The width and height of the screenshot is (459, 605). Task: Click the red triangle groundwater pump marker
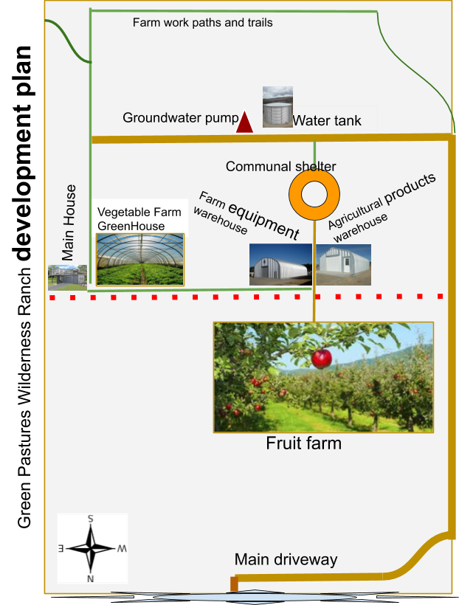click(244, 122)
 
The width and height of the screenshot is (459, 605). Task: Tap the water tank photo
click(277, 107)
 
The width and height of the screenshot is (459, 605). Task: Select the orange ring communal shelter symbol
click(314, 195)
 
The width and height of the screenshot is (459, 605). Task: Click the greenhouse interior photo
click(140, 259)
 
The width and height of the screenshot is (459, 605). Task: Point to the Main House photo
click(68, 277)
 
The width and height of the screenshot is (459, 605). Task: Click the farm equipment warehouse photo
click(280, 264)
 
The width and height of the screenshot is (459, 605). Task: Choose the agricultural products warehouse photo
click(344, 265)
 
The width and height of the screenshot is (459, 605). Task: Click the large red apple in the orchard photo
click(322, 359)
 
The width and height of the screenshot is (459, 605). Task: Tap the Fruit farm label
click(304, 443)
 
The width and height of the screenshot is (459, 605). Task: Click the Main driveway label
click(286, 559)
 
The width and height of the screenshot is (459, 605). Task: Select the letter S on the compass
click(90, 519)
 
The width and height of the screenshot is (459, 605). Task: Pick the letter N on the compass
click(90, 578)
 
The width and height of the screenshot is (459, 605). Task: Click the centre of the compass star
click(91, 548)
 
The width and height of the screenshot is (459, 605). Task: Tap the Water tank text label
click(327, 120)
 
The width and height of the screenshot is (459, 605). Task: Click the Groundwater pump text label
click(181, 118)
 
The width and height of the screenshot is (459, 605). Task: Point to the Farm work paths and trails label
click(203, 22)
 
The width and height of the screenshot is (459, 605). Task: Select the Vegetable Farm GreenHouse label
click(139, 219)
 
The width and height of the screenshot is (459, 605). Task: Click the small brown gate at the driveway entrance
click(234, 584)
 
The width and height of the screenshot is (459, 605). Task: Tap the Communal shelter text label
click(281, 166)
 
